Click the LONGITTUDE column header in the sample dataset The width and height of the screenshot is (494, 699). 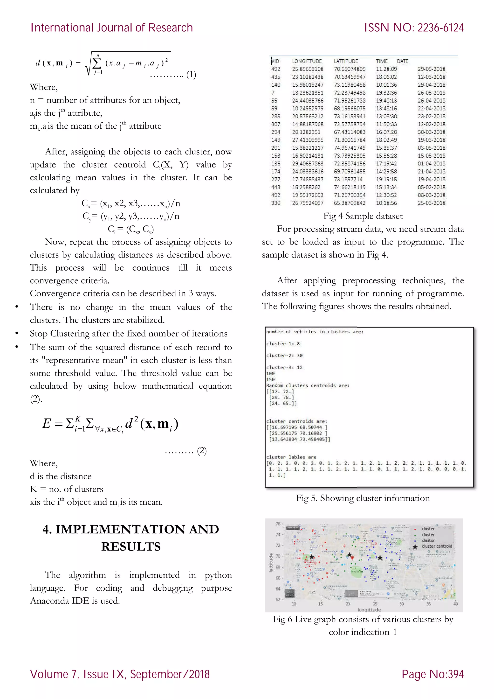tap(307, 61)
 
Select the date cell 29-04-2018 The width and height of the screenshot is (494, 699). tap(431, 85)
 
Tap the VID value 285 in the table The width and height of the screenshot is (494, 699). tap(276, 116)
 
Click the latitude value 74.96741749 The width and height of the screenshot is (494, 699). tap(350, 148)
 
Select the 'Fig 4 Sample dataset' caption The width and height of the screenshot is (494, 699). tap(363, 216)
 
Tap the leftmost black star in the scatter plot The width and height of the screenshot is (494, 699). tap(312, 557)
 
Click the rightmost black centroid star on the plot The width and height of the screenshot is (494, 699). tap(380, 558)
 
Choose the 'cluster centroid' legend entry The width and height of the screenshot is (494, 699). tap(437, 546)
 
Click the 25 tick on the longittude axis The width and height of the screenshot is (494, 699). tap(375, 604)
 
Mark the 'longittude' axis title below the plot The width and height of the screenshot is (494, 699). tap(369, 609)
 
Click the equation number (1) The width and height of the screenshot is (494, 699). tap(191, 75)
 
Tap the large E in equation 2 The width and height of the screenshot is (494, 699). tap(47, 424)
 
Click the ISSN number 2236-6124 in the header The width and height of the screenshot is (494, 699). tap(440, 28)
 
